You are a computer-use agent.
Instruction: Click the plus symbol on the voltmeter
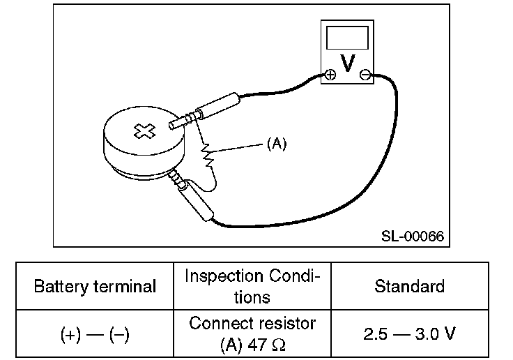click(330, 75)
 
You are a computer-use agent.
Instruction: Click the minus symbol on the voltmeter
click(365, 75)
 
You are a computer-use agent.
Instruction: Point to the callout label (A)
click(277, 144)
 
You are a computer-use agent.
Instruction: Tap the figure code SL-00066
click(413, 235)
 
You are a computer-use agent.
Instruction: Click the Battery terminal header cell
click(95, 286)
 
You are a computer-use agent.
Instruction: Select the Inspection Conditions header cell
click(252, 286)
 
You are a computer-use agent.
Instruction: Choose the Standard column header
click(409, 286)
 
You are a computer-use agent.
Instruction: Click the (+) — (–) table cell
click(95, 333)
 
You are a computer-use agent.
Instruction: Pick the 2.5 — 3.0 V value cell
click(409, 333)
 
